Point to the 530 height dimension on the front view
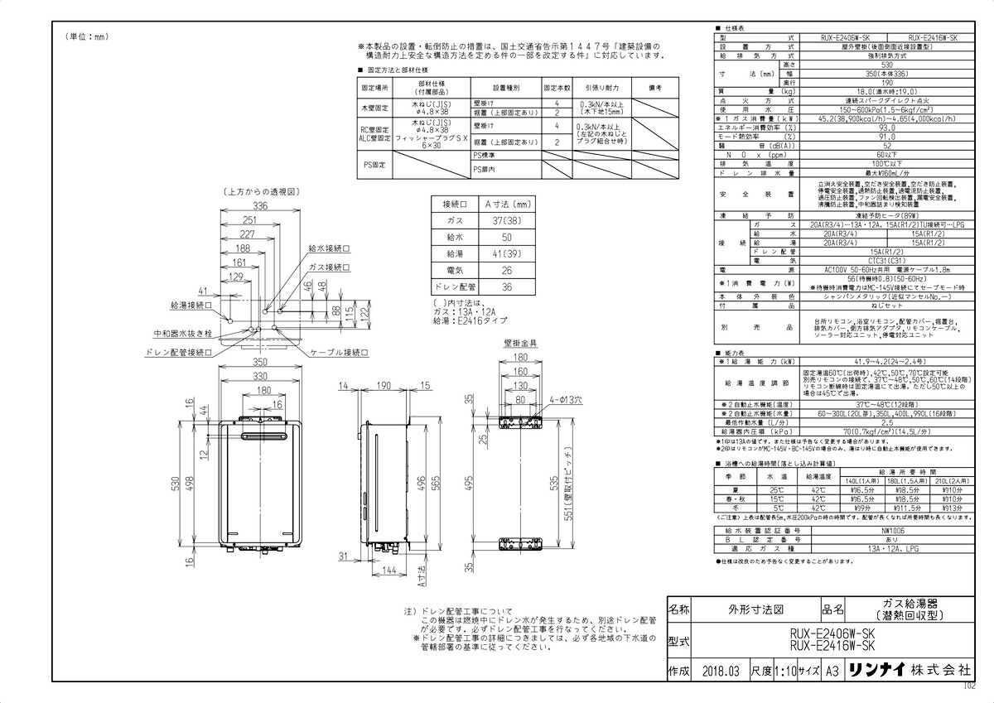click(x=176, y=484)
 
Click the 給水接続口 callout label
click(x=328, y=248)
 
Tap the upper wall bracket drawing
click(x=519, y=421)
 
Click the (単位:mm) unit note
click(x=87, y=36)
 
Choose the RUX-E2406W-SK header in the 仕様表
click(x=845, y=37)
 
